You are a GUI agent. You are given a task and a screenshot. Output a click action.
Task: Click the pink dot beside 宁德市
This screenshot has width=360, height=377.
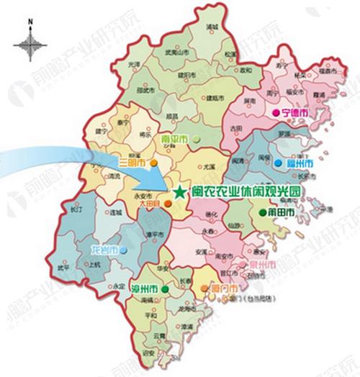coord(274,114)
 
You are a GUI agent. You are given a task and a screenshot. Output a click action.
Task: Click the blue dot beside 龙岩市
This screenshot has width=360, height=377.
coord(125,250)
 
